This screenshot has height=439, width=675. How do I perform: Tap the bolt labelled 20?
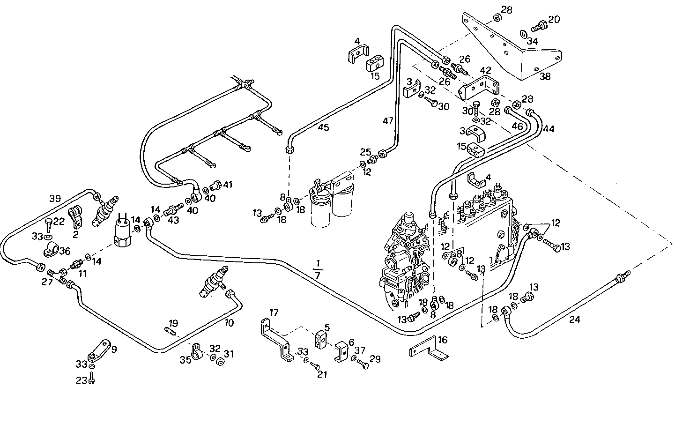pos(539,26)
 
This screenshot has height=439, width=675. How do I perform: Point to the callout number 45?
pos(323,127)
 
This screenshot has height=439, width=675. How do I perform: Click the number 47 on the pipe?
pos(388,121)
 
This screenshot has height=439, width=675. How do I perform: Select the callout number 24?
pos(575,320)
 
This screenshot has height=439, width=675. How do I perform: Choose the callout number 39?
pos(55,199)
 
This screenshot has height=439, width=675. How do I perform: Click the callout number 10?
pos(229,323)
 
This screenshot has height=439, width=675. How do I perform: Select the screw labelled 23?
pos(92,381)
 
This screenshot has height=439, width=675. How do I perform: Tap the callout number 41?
pos(227,185)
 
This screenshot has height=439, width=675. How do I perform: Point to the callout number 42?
pos(485,71)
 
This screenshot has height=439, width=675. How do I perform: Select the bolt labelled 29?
pos(363,365)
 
